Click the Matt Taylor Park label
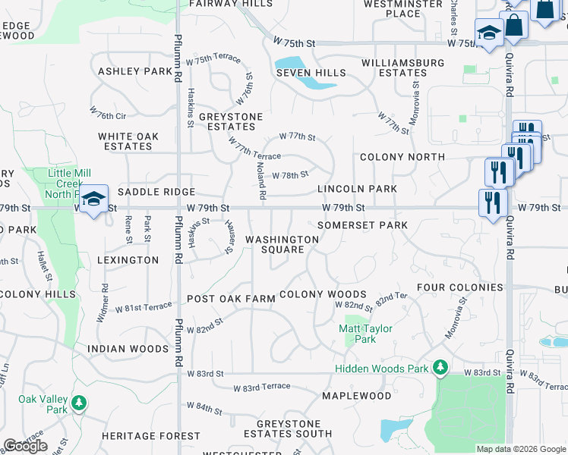click(365, 334)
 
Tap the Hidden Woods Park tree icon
click(440, 368)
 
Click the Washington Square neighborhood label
click(282, 244)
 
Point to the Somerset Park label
click(362, 225)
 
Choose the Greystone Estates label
click(231, 122)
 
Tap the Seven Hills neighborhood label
click(311, 74)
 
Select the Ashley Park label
click(135, 71)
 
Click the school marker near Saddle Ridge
click(93, 199)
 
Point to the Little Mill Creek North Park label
click(69, 183)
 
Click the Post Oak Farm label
click(231, 299)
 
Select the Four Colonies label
click(459, 287)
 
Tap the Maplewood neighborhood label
click(356, 396)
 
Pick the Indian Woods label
click(128, 349)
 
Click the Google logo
click(26, 446)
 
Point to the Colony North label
click(402, 157)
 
